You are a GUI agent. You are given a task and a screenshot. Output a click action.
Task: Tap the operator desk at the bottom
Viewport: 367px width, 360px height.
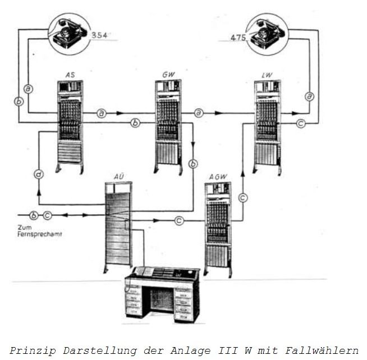pyautogui.click(x=162, y=294)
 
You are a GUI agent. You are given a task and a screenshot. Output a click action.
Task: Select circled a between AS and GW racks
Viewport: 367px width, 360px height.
pyautogui.click(x=101, y=113)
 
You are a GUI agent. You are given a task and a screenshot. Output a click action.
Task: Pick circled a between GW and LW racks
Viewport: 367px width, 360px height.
pyautogui.click(x=199, y=113)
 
